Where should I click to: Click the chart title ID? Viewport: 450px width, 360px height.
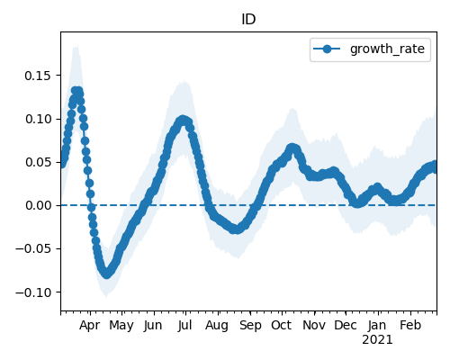coord(248,20)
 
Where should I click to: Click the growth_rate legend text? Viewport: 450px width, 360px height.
coord(387,49)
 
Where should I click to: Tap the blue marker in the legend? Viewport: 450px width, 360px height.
coord(327,49)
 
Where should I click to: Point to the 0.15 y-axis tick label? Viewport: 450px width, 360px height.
coord(38,76)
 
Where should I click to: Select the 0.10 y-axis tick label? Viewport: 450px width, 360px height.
coord(38,119)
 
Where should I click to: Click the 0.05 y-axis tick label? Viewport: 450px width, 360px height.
coord(38,162)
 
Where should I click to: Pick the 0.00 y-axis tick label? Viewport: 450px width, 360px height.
coord(38,205)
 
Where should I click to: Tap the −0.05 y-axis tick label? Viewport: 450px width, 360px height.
coord(33,249)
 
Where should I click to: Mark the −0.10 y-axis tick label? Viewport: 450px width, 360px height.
coord(33,292)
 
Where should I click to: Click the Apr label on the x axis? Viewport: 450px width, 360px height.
coord(89,326)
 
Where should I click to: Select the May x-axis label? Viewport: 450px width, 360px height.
coord(121,326)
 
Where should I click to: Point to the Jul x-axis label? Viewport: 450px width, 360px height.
coord(184,326)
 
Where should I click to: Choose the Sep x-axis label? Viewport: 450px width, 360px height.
coord(250,326)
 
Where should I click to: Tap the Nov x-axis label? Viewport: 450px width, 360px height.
coord(314,326)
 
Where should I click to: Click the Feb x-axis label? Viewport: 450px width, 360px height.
coord(410,326)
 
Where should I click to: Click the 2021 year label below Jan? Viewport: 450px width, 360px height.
coord(377,340)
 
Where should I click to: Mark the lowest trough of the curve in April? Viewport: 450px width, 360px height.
coord(106,274)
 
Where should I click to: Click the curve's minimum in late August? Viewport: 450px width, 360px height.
coord(237,229)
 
